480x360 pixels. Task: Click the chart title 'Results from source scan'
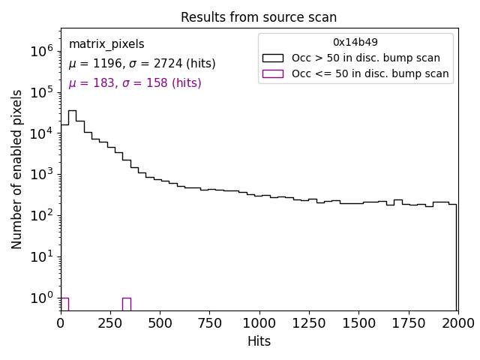point(259,17)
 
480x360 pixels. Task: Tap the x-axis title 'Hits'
point(259,341)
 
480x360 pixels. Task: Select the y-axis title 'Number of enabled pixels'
point(17,169)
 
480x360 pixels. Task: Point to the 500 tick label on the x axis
point(160,322)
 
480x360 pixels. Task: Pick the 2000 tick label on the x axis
point(457,322)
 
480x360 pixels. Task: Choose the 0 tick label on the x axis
point(61,322)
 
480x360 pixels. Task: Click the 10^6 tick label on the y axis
point(40,51)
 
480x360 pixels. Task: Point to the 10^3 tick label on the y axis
point(40,174)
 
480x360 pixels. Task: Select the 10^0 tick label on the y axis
point(40,298)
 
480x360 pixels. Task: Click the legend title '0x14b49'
point(355,43)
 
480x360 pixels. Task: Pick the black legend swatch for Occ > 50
point(272,58)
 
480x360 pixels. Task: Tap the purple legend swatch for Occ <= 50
point(272,73)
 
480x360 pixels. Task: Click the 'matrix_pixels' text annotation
point(106,44)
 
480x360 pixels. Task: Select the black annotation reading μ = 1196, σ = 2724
point(142,64)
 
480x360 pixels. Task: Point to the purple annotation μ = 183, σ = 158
point(135,83)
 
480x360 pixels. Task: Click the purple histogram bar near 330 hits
point(126,304)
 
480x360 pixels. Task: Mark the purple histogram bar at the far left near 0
point(64,304)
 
